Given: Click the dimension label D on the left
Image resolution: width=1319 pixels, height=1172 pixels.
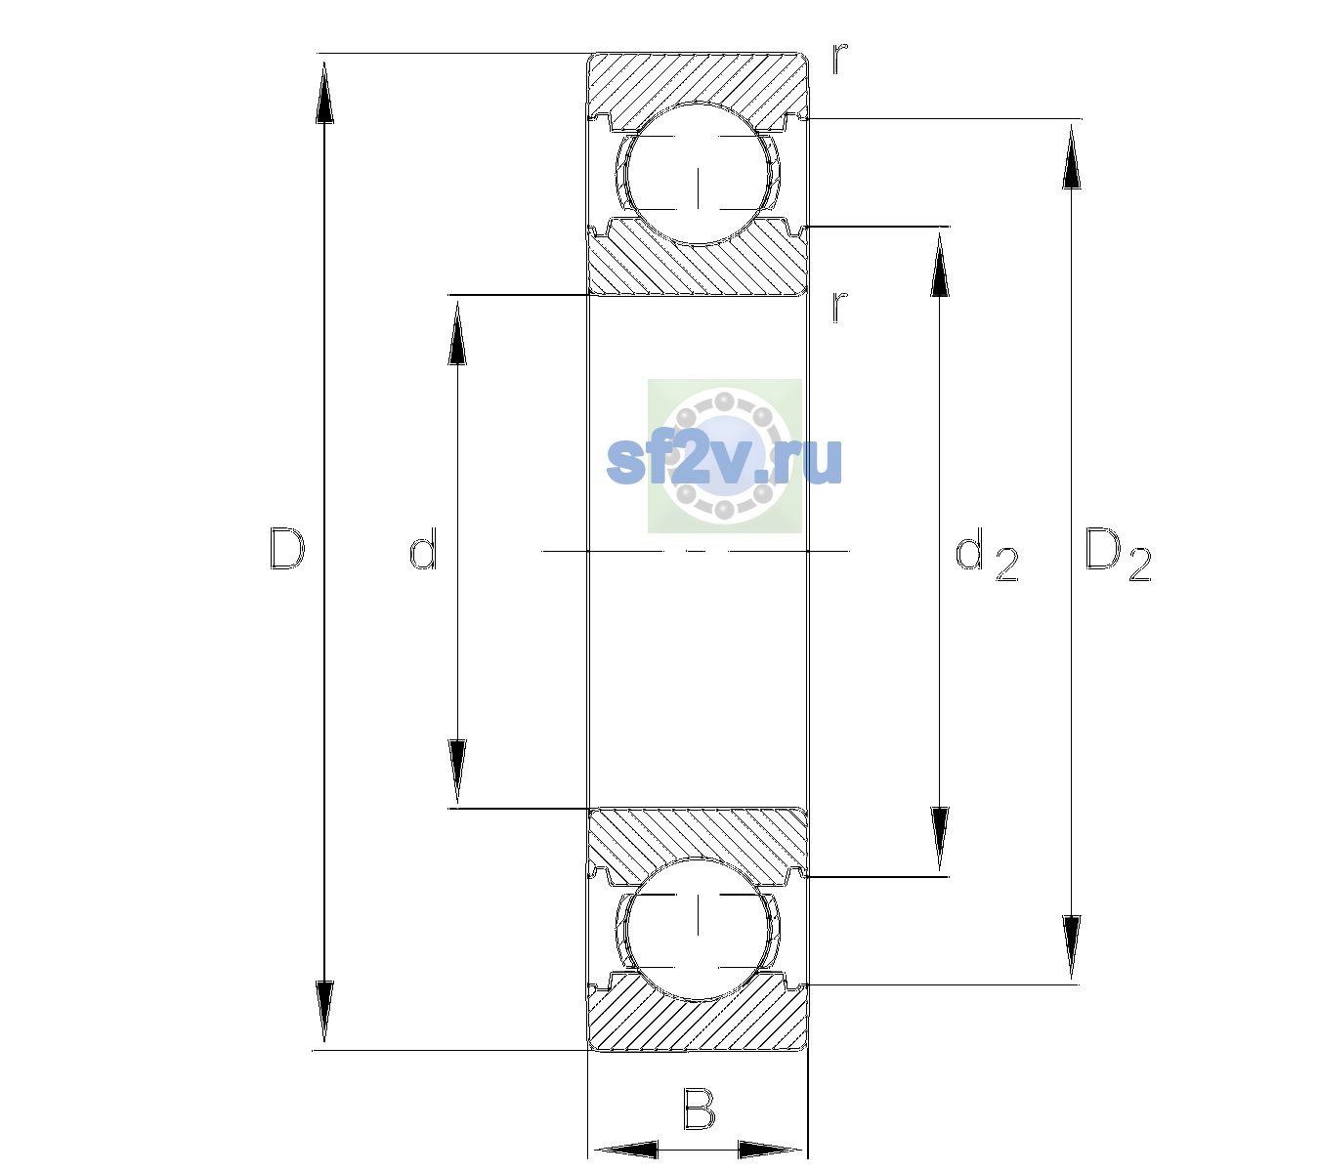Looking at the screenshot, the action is [287, 549].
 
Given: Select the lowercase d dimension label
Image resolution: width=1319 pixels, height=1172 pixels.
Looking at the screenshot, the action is [423, 549].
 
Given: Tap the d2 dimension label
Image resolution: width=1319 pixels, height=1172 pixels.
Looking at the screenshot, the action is [987, 554].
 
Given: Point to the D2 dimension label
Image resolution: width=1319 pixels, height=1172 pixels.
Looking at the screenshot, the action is [1118, 554].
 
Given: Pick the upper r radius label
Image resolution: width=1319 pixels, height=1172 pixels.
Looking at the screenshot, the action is [840, 59].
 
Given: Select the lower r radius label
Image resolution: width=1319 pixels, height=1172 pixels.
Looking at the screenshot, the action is [840, 307].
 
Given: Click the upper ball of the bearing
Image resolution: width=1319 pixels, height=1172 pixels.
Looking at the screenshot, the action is [698, 174].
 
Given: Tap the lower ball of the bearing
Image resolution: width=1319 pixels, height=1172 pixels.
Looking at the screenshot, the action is [698, 929].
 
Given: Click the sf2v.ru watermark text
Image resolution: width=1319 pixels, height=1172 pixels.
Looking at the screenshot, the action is [724, 461].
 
